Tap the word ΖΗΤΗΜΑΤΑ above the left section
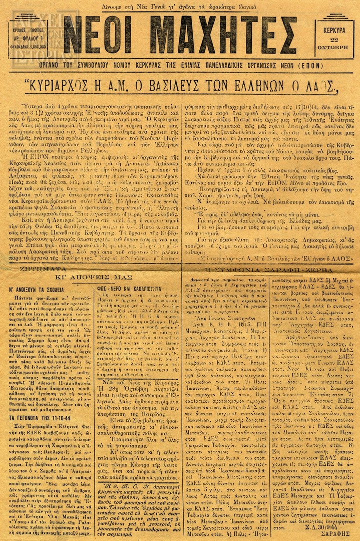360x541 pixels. [x=38, y=268]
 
